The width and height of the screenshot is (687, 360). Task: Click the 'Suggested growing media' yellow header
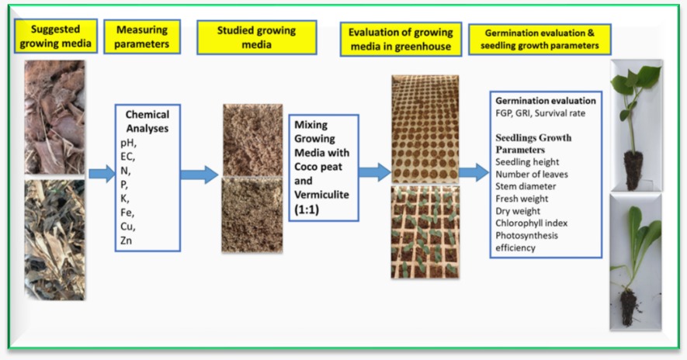[x=56, y=36]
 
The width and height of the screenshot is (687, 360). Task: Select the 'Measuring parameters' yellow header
[x=142, y=36]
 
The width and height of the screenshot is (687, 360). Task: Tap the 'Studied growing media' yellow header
[x=257, y=37]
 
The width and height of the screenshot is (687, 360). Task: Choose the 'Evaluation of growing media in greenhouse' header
[x=401, y=40]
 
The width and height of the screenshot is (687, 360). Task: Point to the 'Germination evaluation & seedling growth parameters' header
[x=540, y=40]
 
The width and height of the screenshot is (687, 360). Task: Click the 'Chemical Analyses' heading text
[x=147, y=121]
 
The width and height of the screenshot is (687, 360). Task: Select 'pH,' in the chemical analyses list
[x=128, y=143]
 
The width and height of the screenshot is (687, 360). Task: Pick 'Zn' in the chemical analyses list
[x=127, y=241]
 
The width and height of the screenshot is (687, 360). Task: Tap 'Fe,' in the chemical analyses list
[x=127, y=213]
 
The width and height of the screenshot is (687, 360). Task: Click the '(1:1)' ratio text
[x=307, y=209]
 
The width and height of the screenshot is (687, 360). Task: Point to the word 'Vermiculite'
[x=321, y=195]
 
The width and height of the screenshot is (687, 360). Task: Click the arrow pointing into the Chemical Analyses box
[x=102, y=174]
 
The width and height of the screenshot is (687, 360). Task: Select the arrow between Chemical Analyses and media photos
[x=200, y=175]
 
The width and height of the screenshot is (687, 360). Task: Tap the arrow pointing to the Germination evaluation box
[x=474, y=172]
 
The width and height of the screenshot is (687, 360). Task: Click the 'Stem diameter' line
[x=526, y=186]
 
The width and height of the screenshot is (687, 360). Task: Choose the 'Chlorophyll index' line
[x=532, y=223]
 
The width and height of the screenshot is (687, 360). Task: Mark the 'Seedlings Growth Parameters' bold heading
[x=533, y=144]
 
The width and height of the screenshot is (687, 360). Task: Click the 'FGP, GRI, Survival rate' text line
[x=540, y=113]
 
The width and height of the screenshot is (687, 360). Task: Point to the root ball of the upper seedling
[x=633, y=170]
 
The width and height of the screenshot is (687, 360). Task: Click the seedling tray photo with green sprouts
[x=425, y=232]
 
